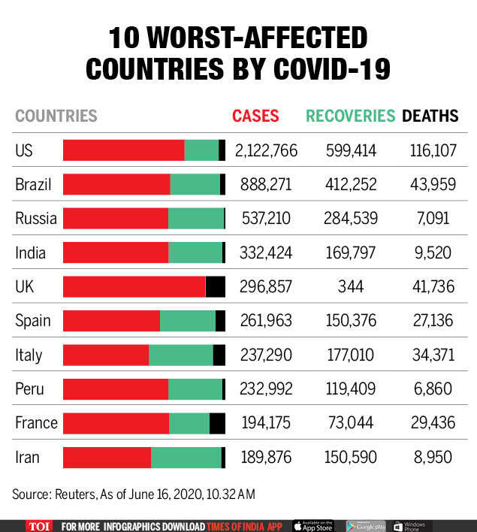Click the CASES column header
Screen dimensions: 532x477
click(255, 116)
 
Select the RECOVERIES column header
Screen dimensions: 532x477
click(350, 116)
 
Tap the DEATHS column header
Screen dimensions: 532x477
click(430, 116)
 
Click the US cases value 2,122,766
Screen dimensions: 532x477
click(266, 150)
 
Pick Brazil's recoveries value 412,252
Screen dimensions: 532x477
click(351, 184)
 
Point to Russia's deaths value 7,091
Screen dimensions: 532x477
click(433, 219)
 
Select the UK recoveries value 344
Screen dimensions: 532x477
click(351, 286)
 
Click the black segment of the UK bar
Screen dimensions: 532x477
click(216, 286)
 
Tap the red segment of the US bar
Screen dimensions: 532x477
click(123, 150)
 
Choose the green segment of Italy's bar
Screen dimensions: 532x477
click(181, 355)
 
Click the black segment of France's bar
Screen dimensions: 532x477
click(217, 423)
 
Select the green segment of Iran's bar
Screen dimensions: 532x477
click(186, 457)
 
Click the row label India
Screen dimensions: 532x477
click(30, 252)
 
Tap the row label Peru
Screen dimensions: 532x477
click(29, 389)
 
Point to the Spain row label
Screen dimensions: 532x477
click(33, 321)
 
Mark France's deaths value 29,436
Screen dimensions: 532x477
click(433, 423)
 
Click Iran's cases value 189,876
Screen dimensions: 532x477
click(266, 457)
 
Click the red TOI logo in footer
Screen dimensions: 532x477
click(38, 526)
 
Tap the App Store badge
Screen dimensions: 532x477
click(312, 526)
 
